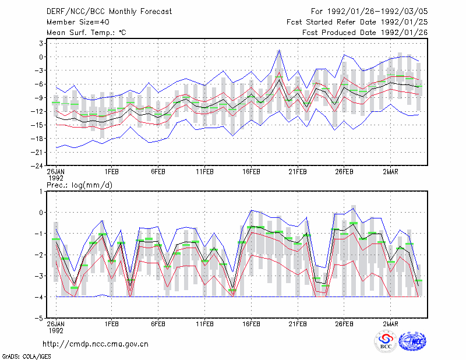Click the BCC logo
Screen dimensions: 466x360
point(386,342)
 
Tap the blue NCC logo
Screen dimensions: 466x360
point(412,341)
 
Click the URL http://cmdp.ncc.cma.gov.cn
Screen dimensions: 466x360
point(96,344)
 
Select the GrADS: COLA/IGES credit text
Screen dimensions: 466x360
point(27,357)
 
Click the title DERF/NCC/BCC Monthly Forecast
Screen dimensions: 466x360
point(109,12)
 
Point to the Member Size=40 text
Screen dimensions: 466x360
point(78,22)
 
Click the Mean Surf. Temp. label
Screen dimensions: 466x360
point(86,33)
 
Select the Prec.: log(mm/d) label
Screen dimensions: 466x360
point(79,185)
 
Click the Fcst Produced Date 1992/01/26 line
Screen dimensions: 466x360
point(365,33)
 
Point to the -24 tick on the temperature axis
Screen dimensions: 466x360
point(37,166)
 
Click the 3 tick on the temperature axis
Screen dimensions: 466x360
point(41,44)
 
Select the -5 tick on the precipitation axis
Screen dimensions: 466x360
point(38,319)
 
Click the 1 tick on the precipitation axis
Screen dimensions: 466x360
point(41,192)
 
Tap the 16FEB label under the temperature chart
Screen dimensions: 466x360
point(251,172)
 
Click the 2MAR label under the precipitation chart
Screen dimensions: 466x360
point(390,324)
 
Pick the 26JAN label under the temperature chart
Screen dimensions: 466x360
point(56,172)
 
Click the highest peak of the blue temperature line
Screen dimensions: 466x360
point(279,50)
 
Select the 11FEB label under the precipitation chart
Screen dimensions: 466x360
point(205,324)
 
